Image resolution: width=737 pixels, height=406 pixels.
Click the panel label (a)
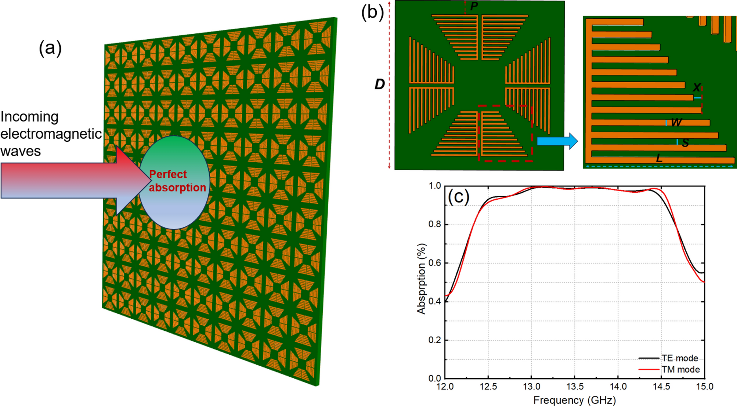click(x=50, y=48)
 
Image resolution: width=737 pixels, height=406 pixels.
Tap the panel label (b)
click(x=372, y=12)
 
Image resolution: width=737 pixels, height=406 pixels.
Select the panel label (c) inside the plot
click(x=458, y=197)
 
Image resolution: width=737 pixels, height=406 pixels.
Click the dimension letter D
click(x=379, y=84)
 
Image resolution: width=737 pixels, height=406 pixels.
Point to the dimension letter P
click(x=474, y=6)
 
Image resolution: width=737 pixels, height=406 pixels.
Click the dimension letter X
click(x=696, y=88)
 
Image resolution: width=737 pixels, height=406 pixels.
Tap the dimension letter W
click(x=676, y=122)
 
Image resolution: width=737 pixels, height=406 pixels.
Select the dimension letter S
click(x=685, y=143)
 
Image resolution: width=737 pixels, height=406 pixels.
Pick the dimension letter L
click(x=659, y=159)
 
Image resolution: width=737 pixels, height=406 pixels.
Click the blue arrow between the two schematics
click(x=557, y=141)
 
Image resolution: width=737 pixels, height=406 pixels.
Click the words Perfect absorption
click(x=177, y=181)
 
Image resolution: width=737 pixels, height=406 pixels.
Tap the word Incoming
click(x=29, y=117)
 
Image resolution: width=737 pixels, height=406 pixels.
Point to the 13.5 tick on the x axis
click(x=575, y=387)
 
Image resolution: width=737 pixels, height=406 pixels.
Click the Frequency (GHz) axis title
click(x=574, y=400)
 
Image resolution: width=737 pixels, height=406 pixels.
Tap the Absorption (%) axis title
click(x=422, y=279)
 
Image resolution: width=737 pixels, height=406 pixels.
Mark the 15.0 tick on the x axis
click(x=704, y=387)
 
